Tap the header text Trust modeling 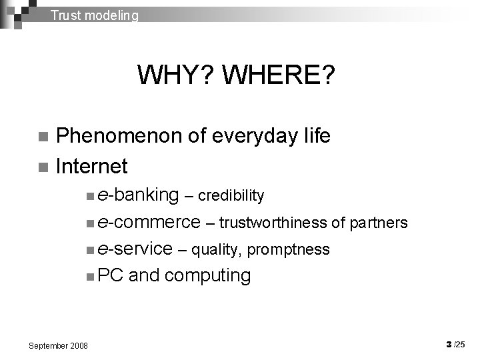(95, 15)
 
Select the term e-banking (138, 195)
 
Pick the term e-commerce (148, 221)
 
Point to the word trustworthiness (275, 223)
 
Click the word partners (379, 223)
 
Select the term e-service (135, 249)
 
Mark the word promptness (288, 250)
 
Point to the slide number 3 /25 (457, 345)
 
